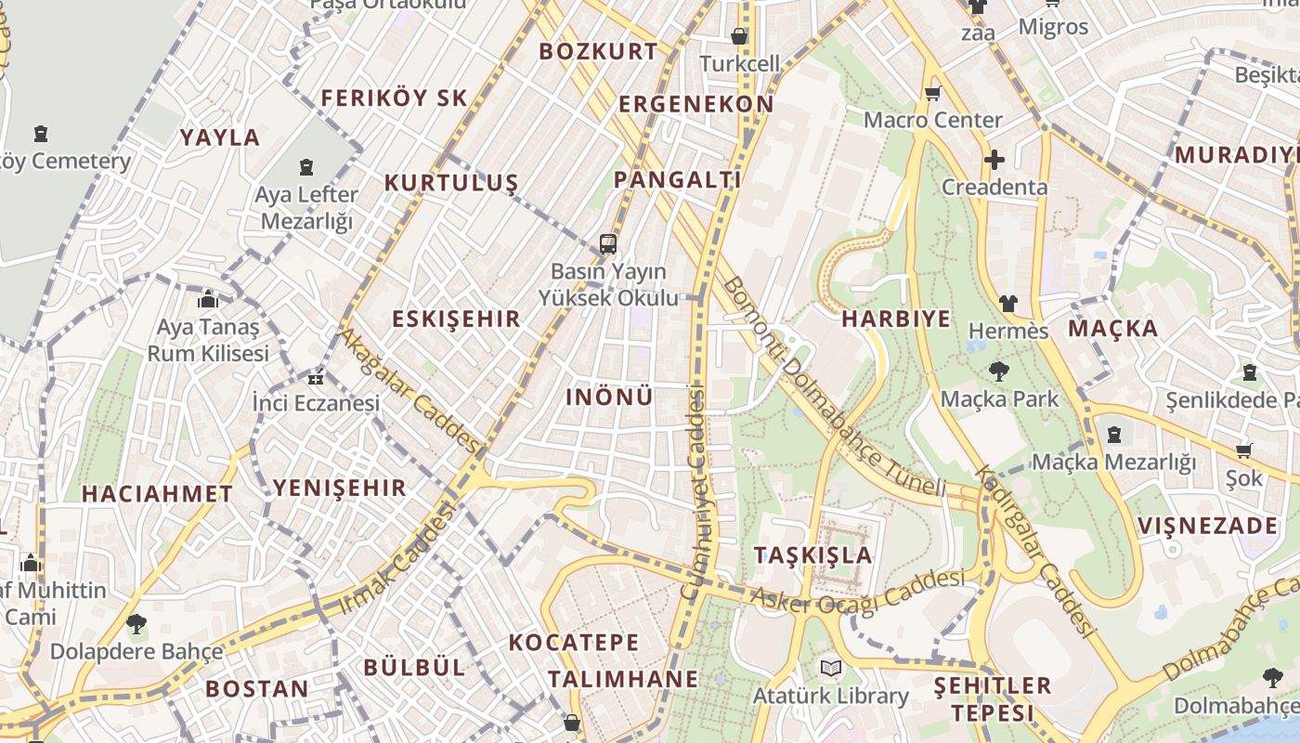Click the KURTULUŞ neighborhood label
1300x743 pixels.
pos(451,182)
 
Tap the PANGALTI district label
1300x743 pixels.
pos(677,179)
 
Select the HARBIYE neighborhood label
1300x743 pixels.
pos(896,319)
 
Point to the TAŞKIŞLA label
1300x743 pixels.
pos(813,555)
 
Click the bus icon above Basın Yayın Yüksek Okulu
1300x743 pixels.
pos(608,244)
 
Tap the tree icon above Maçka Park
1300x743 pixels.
pos(999,371)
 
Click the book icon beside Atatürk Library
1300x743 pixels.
pos(831,668)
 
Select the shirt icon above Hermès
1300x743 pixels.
pos(1008,303)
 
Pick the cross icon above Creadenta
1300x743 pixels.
pos(994,160)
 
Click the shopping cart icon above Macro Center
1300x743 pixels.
pos(932,93)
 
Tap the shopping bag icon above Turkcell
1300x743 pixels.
pos(739,36)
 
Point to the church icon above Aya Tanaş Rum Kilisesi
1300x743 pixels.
pos(208,299)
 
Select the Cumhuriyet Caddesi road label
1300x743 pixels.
pos(694,492)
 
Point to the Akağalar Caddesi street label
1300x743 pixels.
pos(409,391)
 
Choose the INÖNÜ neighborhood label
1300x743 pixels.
pos(609,397)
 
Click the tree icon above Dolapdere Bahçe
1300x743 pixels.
pos(136,623)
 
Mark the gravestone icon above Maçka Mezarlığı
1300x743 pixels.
pos(1113,434)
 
